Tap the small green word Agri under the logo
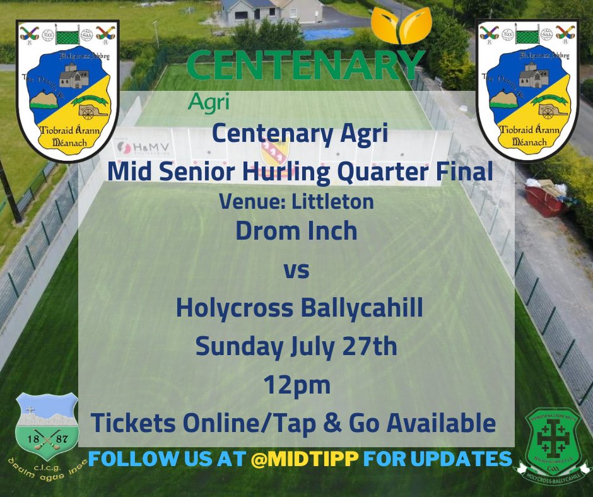208,100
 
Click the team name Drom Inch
296,231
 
